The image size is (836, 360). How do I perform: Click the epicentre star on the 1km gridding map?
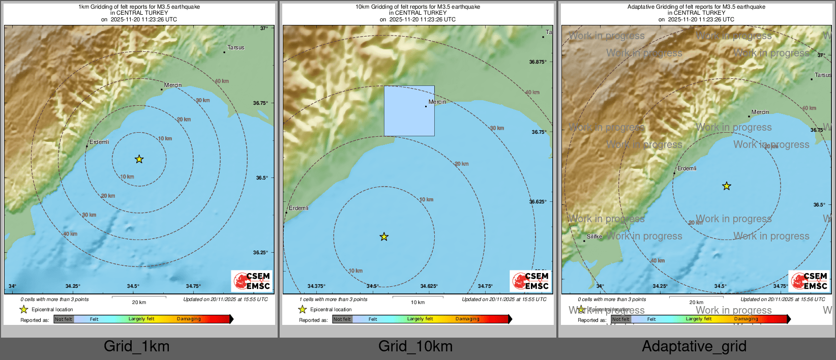pyautogui.click(x=139, y=159)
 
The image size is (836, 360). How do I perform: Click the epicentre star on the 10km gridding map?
pyautogui.click(x=384, y=236)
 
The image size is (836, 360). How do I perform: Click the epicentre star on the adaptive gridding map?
pyautogui.click(x=727, y=186)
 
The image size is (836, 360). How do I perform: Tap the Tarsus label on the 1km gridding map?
pyautogui.click(x=235, y=47)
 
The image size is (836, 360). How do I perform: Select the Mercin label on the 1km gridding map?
pyautogui.click(x=173, y=85)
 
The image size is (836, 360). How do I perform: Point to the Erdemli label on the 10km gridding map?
pyautogui.click(x=298, y=208)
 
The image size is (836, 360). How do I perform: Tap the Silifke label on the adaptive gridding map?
pyautogui.click(x=594, y=236)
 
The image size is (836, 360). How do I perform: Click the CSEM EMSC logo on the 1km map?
pyautogui.click(x=252, y=281)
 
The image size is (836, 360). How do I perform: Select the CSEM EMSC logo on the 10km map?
pyautogui.click(x=531, y=281)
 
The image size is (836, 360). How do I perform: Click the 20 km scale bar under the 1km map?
pyautogui.click(x=138, y=296)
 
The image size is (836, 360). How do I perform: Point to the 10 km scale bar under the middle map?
pyautogui.click(x=417, y=296)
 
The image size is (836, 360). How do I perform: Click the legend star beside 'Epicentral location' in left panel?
pyautogui.click(x=23, y=309)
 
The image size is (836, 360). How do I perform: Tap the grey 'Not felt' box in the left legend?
pyautogui.click(x=64, y=319)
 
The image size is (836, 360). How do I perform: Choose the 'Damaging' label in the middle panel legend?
pyautogui.click(x=467, y=319)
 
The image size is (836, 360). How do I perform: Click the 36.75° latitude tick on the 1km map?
pyautogui.click(x=260, y=103)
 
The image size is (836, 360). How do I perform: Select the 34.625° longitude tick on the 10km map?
pyautogui.click(x=429, y=286)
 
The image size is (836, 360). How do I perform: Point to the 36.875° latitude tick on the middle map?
pyautogui.click(x=538, y=62)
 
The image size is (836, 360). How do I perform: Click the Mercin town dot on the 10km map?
pyautogui.click(x=426, y=106)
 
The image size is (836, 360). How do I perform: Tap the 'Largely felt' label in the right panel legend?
pyautogui.click(x=699, y=319)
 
